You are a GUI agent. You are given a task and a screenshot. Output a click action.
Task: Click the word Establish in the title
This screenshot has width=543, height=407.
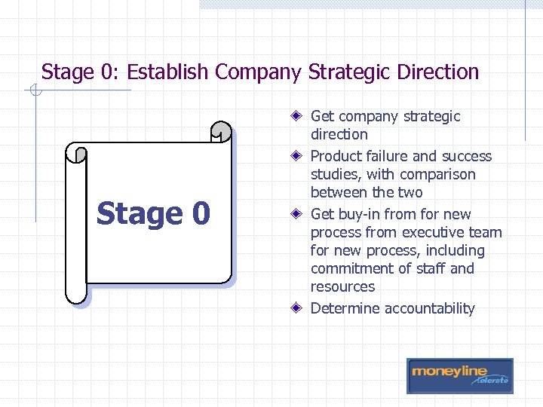coord(168,72)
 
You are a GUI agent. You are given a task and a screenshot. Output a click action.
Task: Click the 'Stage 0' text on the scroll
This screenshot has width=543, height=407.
coord(153,213)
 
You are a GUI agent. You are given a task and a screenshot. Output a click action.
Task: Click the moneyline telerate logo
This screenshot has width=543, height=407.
coord(459,375)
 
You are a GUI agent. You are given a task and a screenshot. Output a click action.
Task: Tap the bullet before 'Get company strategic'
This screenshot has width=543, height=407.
coord(299,117)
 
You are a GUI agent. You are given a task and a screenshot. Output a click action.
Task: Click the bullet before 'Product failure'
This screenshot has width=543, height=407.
coord(299,157)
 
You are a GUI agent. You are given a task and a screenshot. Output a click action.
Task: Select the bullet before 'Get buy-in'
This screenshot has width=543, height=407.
coord(299,215)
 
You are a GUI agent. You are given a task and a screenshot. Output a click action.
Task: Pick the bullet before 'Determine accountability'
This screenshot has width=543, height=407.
coord(299,308)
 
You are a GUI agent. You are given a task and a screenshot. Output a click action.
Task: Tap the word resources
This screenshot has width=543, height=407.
coord(342,287)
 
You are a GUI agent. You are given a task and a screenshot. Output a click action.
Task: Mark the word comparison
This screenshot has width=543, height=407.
coord(439,174)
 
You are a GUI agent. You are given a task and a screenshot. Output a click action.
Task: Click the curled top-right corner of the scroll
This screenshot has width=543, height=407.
coord(221,132)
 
